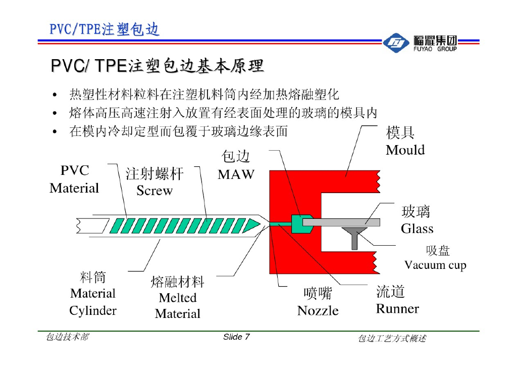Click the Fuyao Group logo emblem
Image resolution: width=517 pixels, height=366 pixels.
click(396, 44)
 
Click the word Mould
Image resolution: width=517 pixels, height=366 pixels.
click(405, 150)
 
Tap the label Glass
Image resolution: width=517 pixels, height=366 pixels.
click(417, 229)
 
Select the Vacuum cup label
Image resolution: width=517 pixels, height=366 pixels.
click(435, 265)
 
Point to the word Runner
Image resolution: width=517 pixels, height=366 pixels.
click(397, 308)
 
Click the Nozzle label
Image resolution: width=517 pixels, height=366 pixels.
click(318, 310)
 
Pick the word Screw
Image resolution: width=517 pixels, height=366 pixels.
click(154, 191)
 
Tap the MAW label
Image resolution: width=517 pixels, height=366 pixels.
click(236, 175)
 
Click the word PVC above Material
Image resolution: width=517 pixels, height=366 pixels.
click(74, 171)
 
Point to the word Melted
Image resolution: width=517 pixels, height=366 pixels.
click(177, 298)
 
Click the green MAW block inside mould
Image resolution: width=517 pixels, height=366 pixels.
click(301, 223)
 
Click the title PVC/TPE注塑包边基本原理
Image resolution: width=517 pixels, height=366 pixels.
click(157, 66)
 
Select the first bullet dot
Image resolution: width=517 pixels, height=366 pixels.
click(54, 95)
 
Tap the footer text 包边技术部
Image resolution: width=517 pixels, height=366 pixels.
click(67, 337)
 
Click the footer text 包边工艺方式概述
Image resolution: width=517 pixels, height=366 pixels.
click(391, 338)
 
